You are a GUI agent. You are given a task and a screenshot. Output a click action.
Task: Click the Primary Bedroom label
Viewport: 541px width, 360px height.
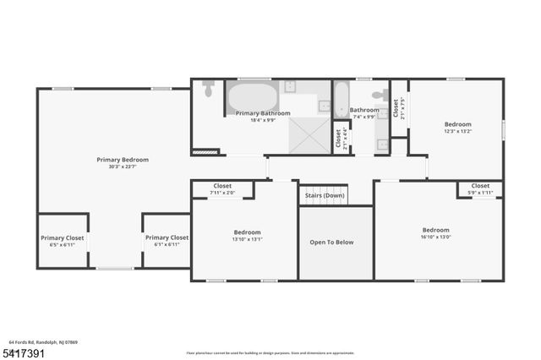[123, 160]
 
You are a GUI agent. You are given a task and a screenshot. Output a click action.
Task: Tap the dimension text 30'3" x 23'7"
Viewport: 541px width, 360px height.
[123, 167]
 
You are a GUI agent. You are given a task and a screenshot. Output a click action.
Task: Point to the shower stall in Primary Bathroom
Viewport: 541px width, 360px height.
[309, 134]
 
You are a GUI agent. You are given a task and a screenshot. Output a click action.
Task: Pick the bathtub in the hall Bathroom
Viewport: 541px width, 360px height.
[341, 98]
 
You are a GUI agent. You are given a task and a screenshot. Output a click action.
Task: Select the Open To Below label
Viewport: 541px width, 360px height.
[331, 243]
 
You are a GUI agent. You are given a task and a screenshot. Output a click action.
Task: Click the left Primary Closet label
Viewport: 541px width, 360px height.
[63, 238]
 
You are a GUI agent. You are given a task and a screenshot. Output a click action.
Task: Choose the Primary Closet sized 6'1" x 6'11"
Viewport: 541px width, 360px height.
[167, 238]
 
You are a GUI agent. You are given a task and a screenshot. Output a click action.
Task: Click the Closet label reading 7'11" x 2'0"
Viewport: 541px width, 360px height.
[222, 186]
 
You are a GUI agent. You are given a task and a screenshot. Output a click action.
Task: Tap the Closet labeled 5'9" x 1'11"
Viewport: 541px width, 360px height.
[480, 186]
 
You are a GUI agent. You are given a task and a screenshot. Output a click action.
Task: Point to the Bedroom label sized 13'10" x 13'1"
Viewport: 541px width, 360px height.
[247, 232]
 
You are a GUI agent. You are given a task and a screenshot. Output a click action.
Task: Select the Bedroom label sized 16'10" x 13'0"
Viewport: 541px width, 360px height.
[435, 230]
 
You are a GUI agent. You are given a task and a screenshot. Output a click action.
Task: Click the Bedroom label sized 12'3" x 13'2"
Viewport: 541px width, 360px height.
[458, 123]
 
